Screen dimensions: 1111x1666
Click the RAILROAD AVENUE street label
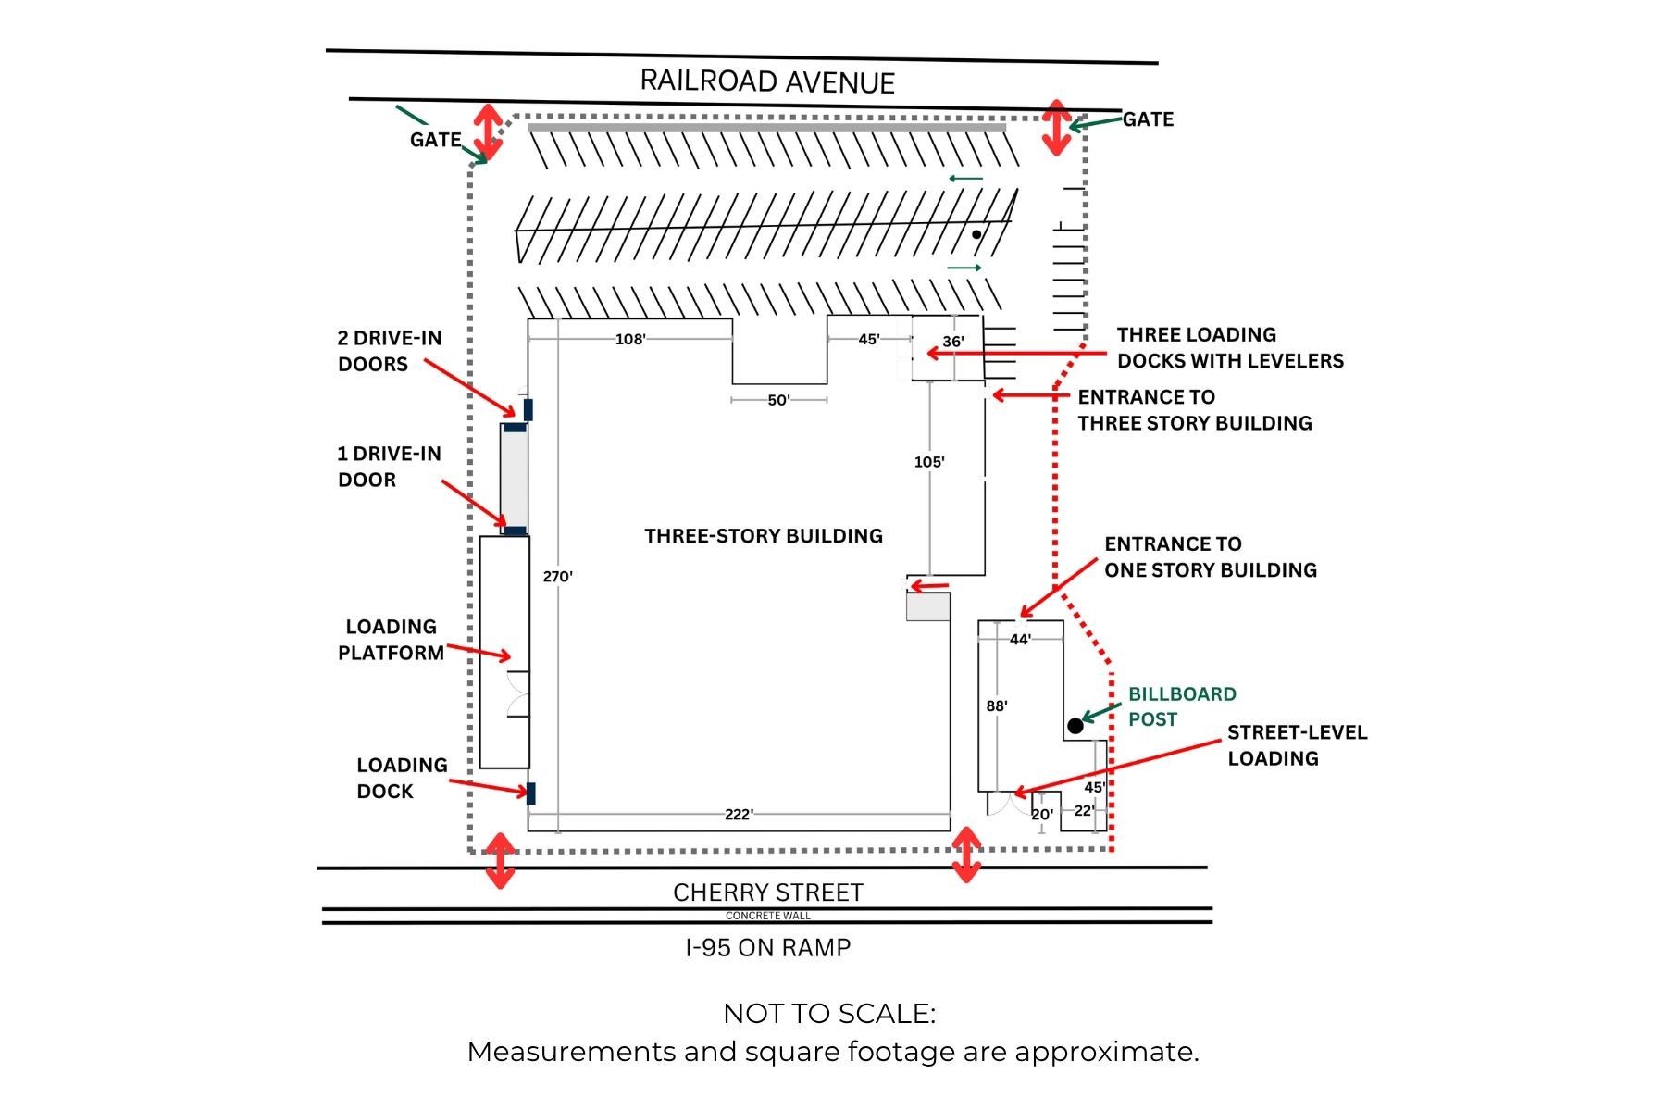click(767, 81)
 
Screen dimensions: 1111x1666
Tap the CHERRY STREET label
click(767, 893)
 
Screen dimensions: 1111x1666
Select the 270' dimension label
click(557, 577)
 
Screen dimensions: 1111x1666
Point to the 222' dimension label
click(739, 815)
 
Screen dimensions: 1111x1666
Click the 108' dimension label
click(630, 339)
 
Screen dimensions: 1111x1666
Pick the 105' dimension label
click(929, 462)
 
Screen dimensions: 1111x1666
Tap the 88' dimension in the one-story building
click(997, 706)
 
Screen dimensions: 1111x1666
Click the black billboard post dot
click(1075, 726)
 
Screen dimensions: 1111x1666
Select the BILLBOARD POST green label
click(1181, 706)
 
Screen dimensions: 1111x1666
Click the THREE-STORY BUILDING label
click(764, 536)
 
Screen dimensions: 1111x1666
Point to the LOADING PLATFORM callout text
click(391, 640)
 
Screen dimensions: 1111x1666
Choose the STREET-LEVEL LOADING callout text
click(1297, 745)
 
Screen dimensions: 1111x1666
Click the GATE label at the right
click(1148, 119)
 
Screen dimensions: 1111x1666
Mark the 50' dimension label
click(778, 400)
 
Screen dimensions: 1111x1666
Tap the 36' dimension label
click(953, 342)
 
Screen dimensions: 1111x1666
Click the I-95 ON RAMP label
click(767, 948)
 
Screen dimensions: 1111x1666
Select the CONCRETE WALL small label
click(767, 916)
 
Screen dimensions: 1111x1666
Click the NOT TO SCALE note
click(829, 1014)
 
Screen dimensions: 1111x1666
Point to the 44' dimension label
click(1020, 640)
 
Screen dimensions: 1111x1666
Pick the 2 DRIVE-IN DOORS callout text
click(390, 351)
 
